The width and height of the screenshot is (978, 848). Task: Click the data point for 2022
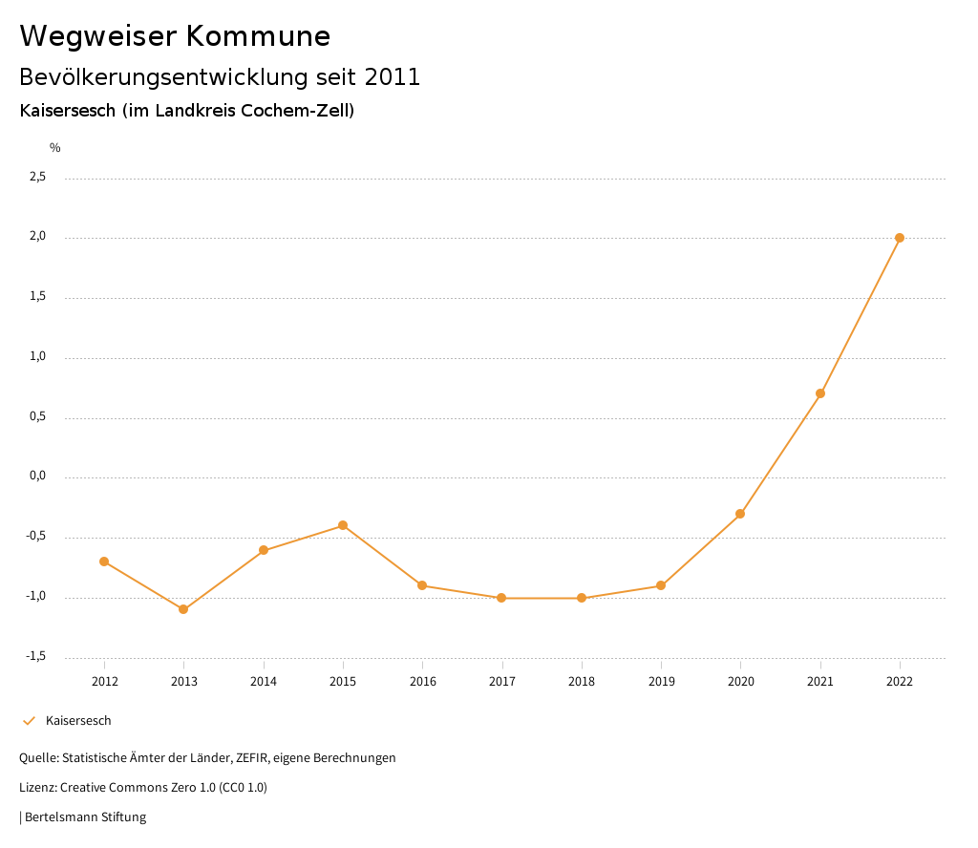(900, 238)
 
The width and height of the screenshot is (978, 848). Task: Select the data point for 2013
(183, 609)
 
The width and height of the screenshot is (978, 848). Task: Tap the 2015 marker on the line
(343, 525)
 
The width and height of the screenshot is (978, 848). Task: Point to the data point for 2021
(820, 393)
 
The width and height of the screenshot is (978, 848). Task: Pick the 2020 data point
(740, 514)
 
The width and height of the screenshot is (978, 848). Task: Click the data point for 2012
(104, 562)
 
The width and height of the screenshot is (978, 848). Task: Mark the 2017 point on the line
(501, 598)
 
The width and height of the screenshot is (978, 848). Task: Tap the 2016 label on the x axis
(422, 681)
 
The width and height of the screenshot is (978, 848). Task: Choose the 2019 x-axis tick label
(661, 681)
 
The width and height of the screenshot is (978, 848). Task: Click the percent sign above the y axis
(55, 148)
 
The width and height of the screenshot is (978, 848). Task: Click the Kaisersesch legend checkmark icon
(29, 721)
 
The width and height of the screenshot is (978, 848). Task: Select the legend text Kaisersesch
(78, 721)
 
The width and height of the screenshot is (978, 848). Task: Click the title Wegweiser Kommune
(175, 36)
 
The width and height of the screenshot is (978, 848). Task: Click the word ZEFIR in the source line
(251, 758)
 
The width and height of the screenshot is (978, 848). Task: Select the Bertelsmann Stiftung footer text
(85, 817)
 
